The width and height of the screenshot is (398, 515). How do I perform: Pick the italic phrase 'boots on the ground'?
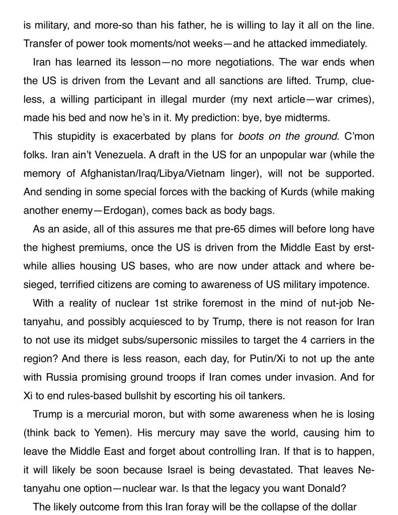[x=287, y=137]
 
